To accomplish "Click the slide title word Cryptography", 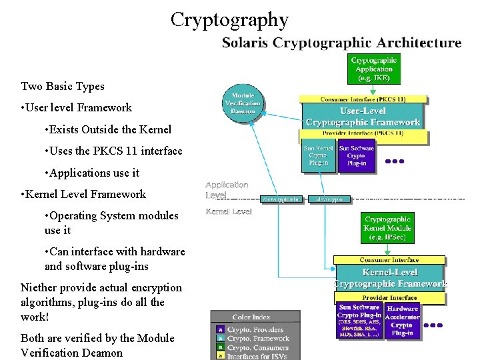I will [x=229, y=19].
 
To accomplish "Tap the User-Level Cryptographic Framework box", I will [x=363, y=116].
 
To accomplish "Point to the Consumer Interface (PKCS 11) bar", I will [x=362, y=99].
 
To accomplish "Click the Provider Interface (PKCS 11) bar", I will [x=362, y=133].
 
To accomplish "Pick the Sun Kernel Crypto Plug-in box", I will [x=319, y=157].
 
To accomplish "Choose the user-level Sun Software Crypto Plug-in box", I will [x=357, y=157].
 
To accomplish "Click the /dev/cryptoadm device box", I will [x=281, y=199].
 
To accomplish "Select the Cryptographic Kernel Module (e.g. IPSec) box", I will [x=388, y=228].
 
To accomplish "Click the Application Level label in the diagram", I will [x=227, y=189].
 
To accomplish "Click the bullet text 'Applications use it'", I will [x=91, y=173].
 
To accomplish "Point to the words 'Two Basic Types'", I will [x=63, y=86].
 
